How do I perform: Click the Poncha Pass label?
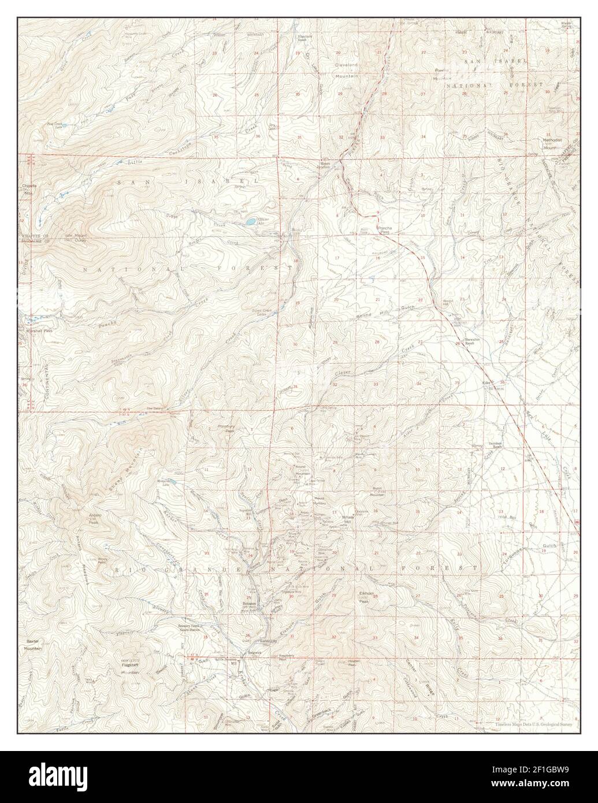(385, 229)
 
